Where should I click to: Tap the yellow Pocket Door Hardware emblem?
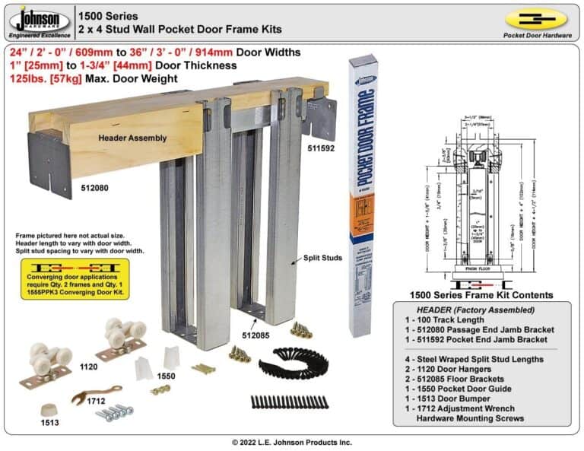point(535,19)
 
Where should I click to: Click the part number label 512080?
point(94,184)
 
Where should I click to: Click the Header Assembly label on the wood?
point(124,138)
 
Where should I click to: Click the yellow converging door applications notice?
point(73,278)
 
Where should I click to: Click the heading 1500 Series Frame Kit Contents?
point(481,295)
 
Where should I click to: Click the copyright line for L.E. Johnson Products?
point(292,442)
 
